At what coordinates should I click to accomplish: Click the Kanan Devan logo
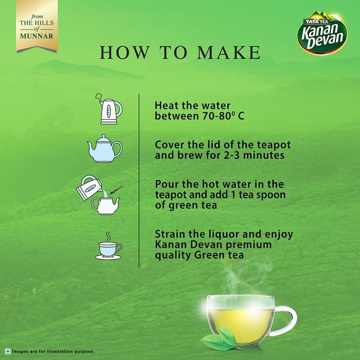(322, 32)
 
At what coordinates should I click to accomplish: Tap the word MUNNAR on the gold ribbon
(36, 36)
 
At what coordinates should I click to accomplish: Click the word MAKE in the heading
(229, 53)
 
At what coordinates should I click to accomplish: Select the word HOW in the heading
(125, 53)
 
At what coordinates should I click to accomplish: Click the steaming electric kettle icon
(109, 109)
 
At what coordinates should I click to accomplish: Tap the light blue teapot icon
(105, 148)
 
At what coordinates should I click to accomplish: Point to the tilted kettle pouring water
(89, 188)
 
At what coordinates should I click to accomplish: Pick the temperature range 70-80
(217, 116)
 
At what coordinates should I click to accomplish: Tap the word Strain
(170, 234)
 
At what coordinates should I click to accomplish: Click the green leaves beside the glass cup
(220, 339)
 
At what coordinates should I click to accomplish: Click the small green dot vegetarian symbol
(8, 351)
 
